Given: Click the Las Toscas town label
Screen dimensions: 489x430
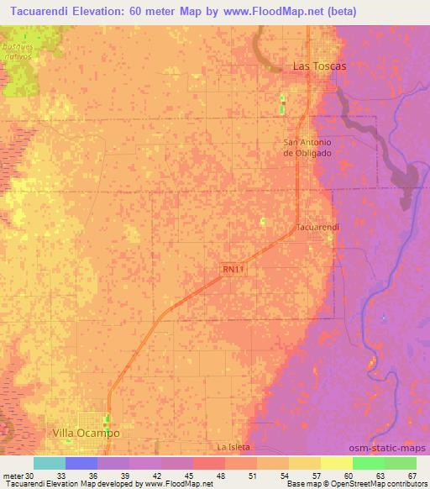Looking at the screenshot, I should pyautogui.click(x=318, y=65).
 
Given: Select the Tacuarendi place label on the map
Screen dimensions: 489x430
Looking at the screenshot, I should pyautogui.click(x=317, y=228).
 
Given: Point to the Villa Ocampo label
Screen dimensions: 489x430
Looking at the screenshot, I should pyautogui.click(x=86, y=433).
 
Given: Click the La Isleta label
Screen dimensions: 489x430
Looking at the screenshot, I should pyautogui.click(x=234, y=446).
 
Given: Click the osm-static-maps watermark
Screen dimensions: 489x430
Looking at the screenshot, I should pyautogui.click(x=392, y=449).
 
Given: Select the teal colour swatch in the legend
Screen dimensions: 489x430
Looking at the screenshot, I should pyautogui.click(x=50, y=463).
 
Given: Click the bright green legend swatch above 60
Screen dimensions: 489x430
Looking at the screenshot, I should pyautogui.click(x=368, y=463).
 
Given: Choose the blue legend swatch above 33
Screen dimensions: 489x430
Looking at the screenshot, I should pyautogui.click(x=81, y=463).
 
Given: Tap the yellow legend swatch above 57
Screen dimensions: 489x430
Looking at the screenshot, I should pyautogui.click(x=304, y=463).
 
